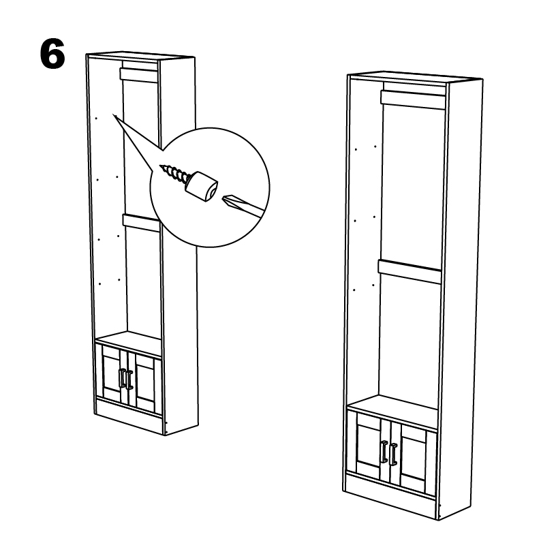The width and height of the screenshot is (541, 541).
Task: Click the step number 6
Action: [x=52, y=53]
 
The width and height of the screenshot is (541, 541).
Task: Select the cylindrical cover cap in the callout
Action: [x=202, y=186]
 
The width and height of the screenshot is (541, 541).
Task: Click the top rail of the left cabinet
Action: [x=139, y=75]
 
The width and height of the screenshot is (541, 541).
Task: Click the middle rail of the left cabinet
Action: [x=142, y=223]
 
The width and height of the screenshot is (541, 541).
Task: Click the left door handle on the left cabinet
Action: [x=123, y=378]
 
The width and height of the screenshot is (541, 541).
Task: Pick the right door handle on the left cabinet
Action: [x=129, y=380]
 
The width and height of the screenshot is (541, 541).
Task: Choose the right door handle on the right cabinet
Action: [x=393, y=454]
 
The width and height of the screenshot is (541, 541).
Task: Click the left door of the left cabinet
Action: [x=112, y=374]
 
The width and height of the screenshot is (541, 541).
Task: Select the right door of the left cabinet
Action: [x=145, y=383]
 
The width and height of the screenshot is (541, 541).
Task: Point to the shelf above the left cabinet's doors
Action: [x=128, y=343]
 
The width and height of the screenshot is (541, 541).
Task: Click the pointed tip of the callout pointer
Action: [x=113, y=115]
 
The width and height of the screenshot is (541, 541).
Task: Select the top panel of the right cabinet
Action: [x=415, y=76]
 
